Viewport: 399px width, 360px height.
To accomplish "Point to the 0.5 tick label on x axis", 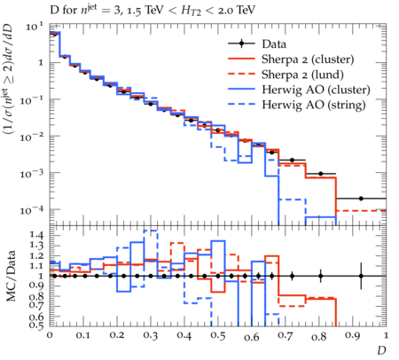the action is click(218, 336).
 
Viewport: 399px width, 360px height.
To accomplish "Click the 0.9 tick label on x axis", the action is click(353, 336).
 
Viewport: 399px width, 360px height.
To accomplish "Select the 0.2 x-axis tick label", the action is click(117, 335).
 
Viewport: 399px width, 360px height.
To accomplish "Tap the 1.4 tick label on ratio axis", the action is click(36, 235).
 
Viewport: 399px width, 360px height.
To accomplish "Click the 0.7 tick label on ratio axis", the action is click(36, 304).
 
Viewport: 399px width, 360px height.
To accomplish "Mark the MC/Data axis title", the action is click(11, 276).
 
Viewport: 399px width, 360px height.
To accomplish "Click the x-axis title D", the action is click(381, 350).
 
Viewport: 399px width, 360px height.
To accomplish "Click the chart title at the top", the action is click(153, 11).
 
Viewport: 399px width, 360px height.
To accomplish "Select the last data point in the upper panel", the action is click(361, 199).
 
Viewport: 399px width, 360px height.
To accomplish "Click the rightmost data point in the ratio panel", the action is click(361, 276).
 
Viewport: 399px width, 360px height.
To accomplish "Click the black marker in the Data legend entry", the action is click(241, 44).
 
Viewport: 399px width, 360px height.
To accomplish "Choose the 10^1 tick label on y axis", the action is click(35, 27).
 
